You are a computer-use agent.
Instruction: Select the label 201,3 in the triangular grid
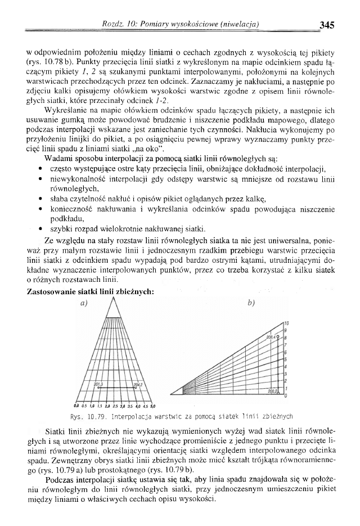click(98, 384)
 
